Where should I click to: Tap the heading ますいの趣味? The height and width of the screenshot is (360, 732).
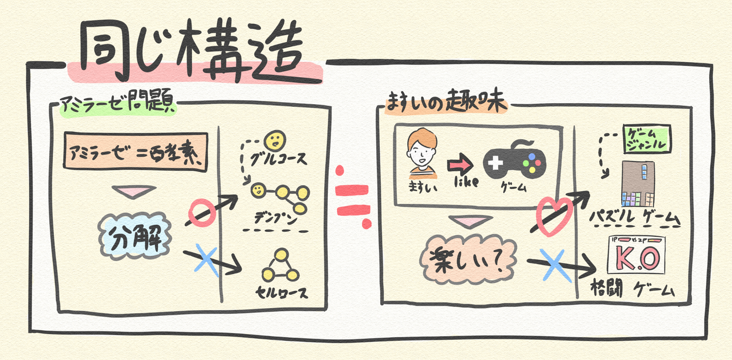446,103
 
